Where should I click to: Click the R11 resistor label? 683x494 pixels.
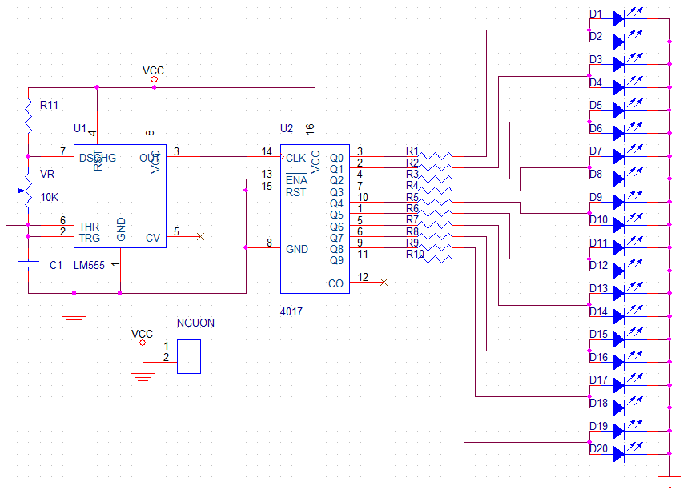pyautogui.click(x=49, y=104)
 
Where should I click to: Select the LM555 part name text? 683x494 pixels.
pyautogui.click(x=89, y=265)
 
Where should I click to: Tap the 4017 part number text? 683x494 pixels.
pyautogui.click(x=291, y=310)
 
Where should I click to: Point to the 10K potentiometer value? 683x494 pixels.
pyautogui.click(x=50, y=197)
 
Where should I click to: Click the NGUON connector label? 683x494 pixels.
pyautogui.click(x=195, y=323)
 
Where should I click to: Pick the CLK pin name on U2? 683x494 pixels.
pyautogui.click(x=295, y=158)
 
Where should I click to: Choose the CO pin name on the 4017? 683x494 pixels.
pyautogui.click(x=335, y=283)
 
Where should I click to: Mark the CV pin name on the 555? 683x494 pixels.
pyautogui.click(x=153, y=238)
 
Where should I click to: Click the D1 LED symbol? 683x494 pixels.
pyautogui.click(x=619, y=16)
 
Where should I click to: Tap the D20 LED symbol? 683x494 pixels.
pyautogui.click(x=619, y=454)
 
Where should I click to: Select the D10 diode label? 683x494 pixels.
pyautogui.click(x=597, y=220)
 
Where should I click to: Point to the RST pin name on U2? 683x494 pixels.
pyautogui.click(x=295, y=192)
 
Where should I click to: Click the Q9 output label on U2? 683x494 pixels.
pyautogui.click(x=336, y=260)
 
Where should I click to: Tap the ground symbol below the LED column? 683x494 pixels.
pyautogui.click(x=669, y=480)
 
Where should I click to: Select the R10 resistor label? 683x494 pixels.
pyautogui.click(x=415, y=255)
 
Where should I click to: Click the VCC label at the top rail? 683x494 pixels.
pyautogui.click(x=154, y=70)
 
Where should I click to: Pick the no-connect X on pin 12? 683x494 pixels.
pyautogui.click(x=384, y=282)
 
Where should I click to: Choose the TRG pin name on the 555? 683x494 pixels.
pyautogui.click(x=90, y=238)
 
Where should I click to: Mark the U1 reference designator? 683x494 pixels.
pyautogui.click(x=79, y=128)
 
